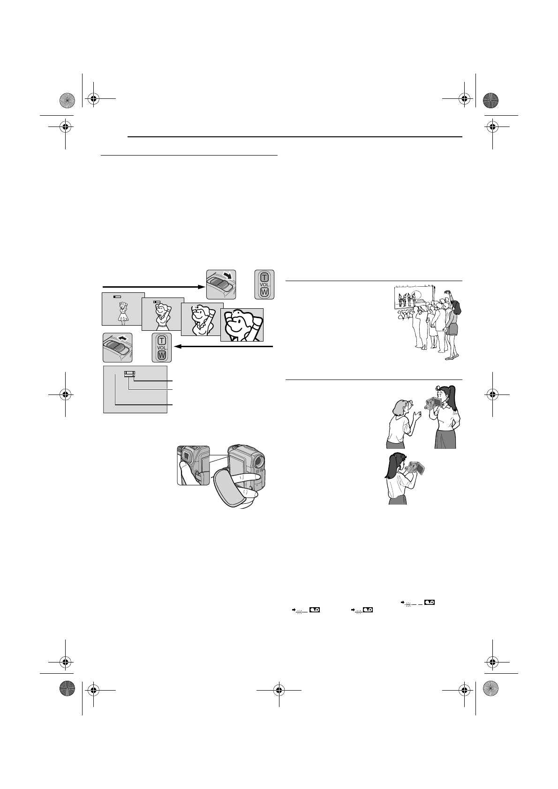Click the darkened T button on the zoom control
click(x=264, y=277)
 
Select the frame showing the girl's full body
click(x=123, y=309)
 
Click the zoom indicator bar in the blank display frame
click(x=129, y=374)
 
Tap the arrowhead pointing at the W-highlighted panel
click(x=176, y=347)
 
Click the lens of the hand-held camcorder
click(x=258, y=461)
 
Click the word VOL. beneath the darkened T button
click(x=264, y=285)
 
